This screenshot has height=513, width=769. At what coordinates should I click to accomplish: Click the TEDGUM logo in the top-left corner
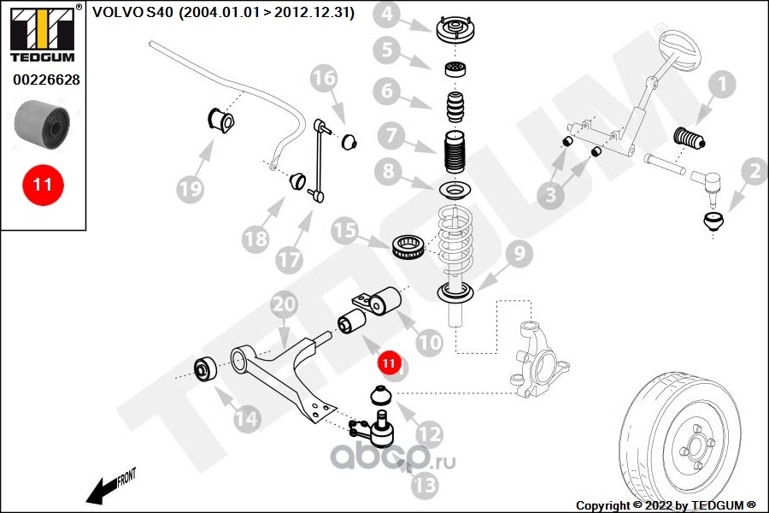42,33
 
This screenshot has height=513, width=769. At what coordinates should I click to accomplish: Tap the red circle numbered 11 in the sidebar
43,184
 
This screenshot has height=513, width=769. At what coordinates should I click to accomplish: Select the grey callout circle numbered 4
388,15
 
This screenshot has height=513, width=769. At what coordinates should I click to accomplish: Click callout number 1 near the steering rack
722,85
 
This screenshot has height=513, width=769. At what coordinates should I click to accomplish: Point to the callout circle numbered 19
191,187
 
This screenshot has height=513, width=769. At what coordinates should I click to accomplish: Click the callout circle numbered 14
246,418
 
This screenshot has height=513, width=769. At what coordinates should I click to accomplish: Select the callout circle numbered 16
325,80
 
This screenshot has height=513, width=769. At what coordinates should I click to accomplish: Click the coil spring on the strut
454,244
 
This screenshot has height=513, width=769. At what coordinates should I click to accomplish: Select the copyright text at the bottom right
666,504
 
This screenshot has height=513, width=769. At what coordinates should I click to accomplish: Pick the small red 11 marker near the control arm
389,363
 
